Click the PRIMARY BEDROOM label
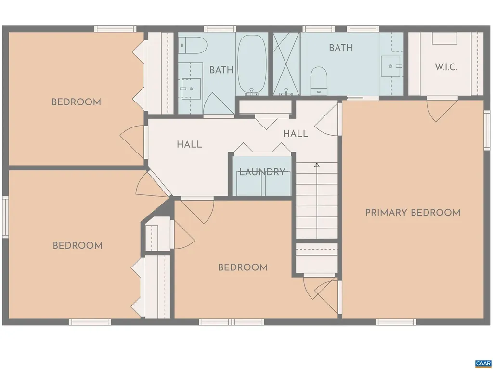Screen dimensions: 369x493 coord(413,212)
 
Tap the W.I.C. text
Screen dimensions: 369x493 coord(446,67)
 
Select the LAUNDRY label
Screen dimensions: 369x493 coord(263,172)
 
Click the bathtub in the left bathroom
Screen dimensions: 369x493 coord(252,65)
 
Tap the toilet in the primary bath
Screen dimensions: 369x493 coord(318,79)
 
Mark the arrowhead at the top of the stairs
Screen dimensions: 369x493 coord(317,165)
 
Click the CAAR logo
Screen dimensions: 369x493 coord(482,363)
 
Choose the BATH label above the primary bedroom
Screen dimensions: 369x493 coord(341,48)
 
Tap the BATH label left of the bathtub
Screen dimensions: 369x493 coord(221,70)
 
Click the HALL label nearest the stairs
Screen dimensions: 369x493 coord(295,134)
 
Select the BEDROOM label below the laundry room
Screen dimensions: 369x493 coord(243,267)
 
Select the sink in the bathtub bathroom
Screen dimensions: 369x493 coord(191,88)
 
